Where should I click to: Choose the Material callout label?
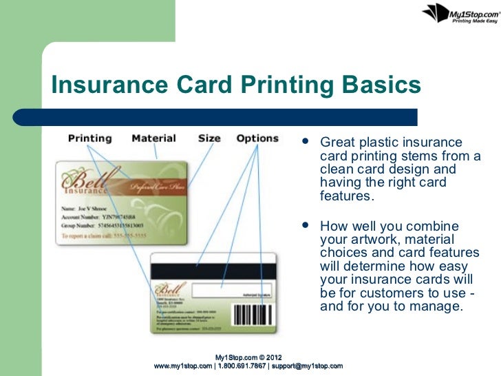(x=153, y=138)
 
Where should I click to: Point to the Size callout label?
(x=209, y=138)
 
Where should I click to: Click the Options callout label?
(x=257, y=138)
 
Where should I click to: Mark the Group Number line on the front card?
(x=102, y=225)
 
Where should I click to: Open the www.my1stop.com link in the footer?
(x=184, y=365)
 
